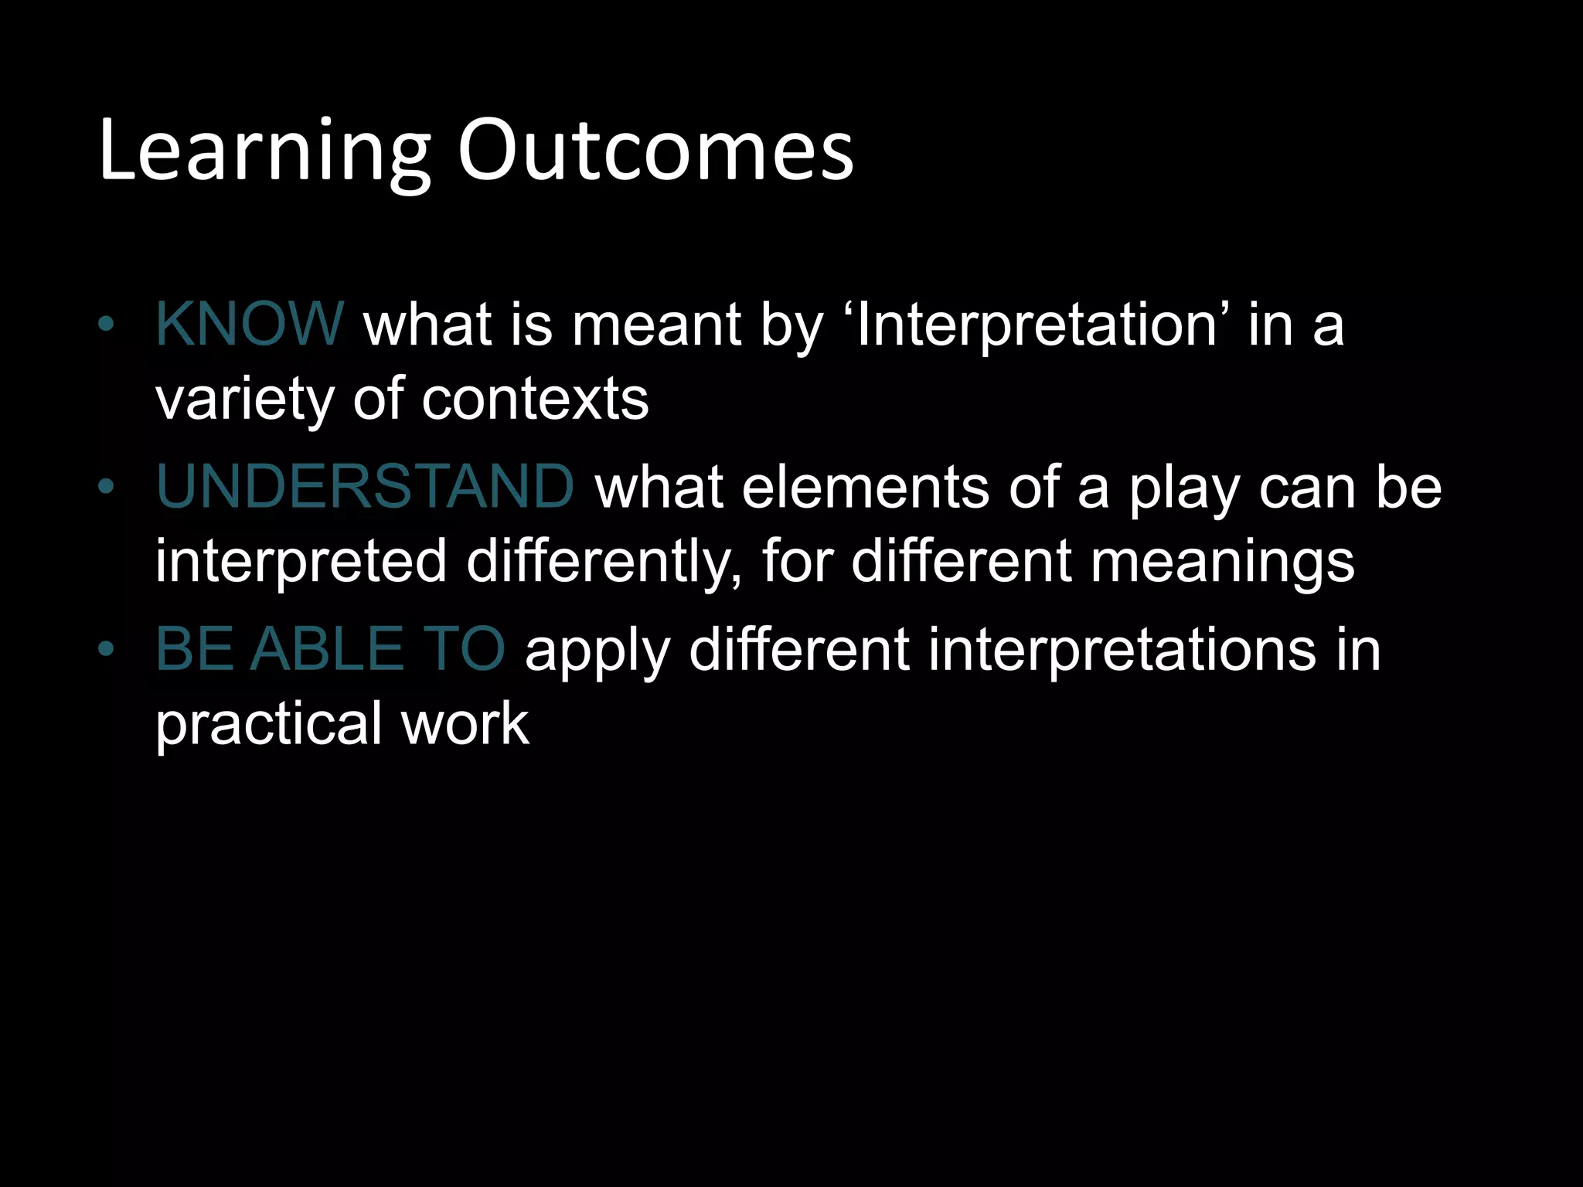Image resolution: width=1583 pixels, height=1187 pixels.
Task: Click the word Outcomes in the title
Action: (x=655, y=151)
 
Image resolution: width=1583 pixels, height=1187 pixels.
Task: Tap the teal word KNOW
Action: (x=249, y=324)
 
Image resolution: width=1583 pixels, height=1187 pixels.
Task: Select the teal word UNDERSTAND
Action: (x=365, y=487)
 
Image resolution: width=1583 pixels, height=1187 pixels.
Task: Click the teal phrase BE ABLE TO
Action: (x=330, y=649)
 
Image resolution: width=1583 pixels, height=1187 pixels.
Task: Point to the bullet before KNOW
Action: (x=106, y=325)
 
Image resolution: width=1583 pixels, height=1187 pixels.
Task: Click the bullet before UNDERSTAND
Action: (x=106, y=488)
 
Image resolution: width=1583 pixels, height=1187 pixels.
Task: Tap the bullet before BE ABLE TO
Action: (x=106, y=650)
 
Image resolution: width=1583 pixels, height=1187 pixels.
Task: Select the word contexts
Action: (x=535, y=400)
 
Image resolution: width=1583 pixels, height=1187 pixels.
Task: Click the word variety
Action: (x=244, y=402)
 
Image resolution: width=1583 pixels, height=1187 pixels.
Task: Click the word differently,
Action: (x=604, y=562)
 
